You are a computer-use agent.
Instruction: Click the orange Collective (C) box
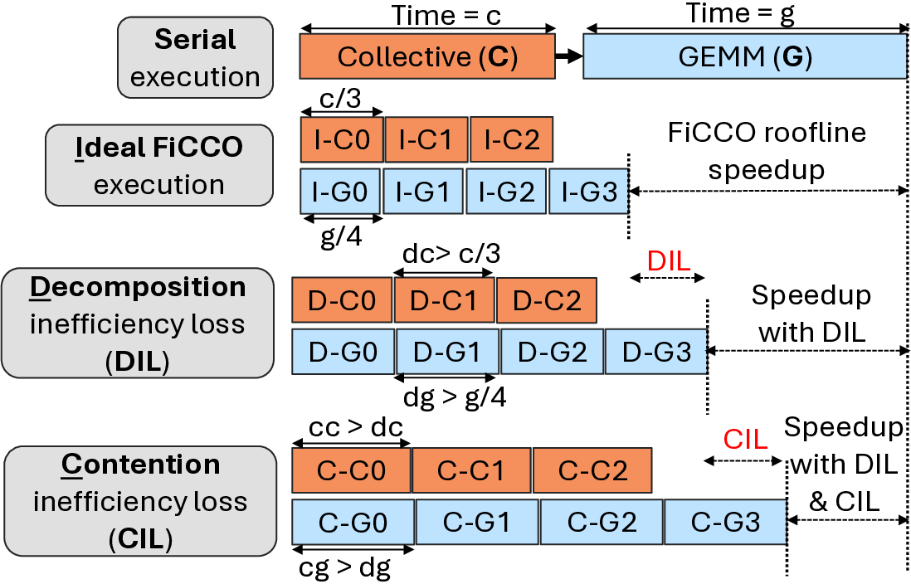pos(427,56)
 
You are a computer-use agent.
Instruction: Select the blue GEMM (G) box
pos(744,56)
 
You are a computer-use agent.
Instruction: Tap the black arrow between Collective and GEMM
pos(568,56)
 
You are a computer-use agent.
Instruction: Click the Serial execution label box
pos(195,57)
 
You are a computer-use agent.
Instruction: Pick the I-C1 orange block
pos(426,139)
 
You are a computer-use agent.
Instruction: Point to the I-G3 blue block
pos(588,192)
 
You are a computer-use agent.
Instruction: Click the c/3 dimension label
pos(340,98)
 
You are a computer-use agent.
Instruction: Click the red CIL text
pos(746,439)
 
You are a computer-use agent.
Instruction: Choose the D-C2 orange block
pos(546,299)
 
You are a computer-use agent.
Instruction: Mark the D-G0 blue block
pos(343,352)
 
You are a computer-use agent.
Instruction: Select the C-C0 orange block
pos(351,470)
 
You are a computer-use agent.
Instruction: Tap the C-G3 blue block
pos(725,522)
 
